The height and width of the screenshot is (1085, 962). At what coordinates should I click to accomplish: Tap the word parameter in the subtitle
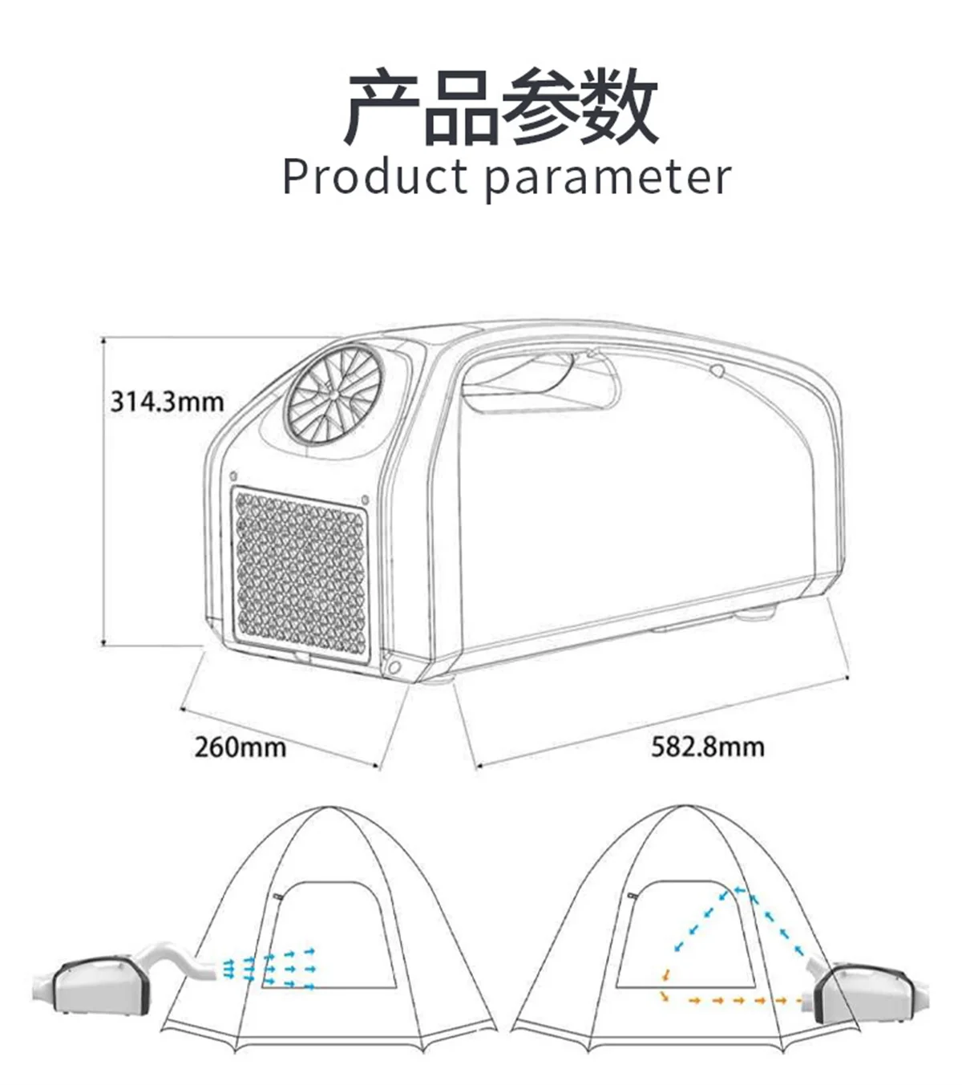(x=608, y=179)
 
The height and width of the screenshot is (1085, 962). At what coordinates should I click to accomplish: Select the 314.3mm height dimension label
(x=167, y=401)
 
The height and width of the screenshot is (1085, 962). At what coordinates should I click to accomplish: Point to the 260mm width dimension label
(x=240, y=747)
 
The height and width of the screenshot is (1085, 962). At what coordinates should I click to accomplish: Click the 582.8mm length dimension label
(x=707, y=747)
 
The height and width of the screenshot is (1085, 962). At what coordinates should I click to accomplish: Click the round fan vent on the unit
(x=332, y=395)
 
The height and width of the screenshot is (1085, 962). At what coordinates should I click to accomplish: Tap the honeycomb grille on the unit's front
(x=301, y=573)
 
